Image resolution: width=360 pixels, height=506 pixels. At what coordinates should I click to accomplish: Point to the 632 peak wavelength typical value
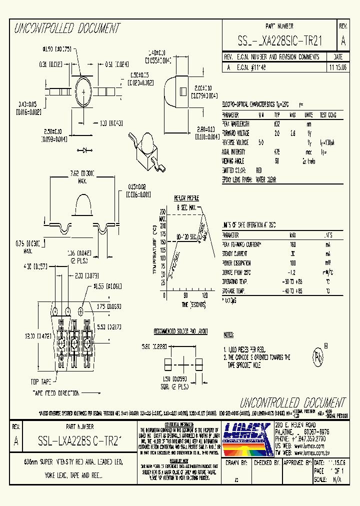pyautogui.click(x=277, y=122)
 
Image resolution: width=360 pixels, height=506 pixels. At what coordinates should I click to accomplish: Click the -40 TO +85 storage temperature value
pyautogui.click(x=293, y=290)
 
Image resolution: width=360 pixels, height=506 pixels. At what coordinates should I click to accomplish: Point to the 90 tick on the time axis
pyautogui.click(x=185, y=295)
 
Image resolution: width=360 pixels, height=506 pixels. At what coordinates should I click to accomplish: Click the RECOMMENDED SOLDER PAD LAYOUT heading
pyautogui.click(x=180, y=331)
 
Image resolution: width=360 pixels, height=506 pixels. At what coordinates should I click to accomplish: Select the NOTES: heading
pyautogui.click(x=228, y=334)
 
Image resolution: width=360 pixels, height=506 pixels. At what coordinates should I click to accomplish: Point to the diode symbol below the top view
pyautogui.click(x=90, y=149)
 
